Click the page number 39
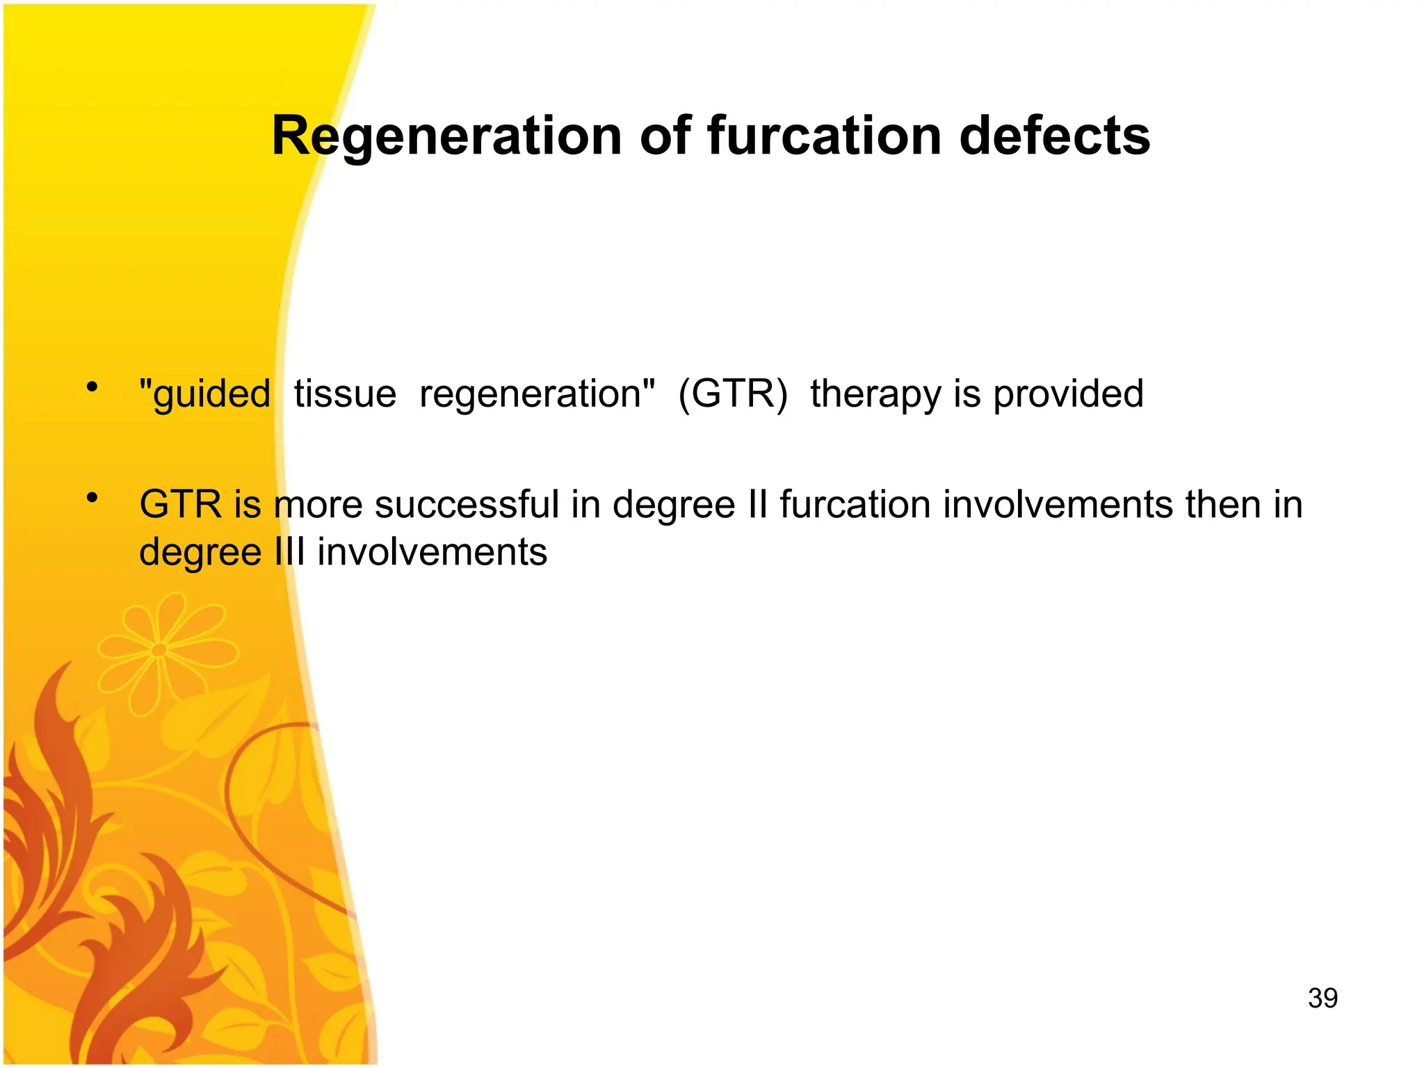pos(1322,998)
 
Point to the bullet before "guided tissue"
pos(92,387)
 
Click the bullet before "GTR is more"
pos(92,498)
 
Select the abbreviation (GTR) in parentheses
pos(733,394)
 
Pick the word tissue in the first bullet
pos(345,394)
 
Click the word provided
pos(1068,394)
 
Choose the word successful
pos(467,504)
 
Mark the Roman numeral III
pos(291,552)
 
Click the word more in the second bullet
pos(318,505)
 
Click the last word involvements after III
pos(432,552)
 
